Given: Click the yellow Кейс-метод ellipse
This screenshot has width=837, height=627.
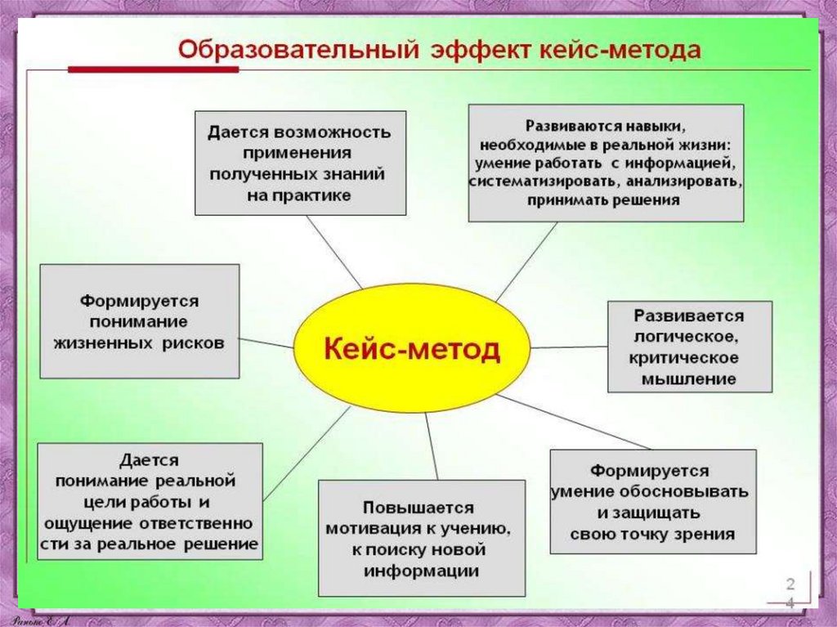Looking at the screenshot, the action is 412,350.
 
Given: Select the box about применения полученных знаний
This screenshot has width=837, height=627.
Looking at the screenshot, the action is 300,163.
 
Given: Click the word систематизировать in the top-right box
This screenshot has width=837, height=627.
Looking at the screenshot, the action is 535,181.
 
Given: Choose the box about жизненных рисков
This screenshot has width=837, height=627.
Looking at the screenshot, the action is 139,320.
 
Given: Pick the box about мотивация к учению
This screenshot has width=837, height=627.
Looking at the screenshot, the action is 421,538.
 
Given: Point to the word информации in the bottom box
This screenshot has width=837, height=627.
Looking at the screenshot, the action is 422,571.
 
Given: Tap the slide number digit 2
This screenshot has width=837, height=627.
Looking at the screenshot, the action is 790,582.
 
